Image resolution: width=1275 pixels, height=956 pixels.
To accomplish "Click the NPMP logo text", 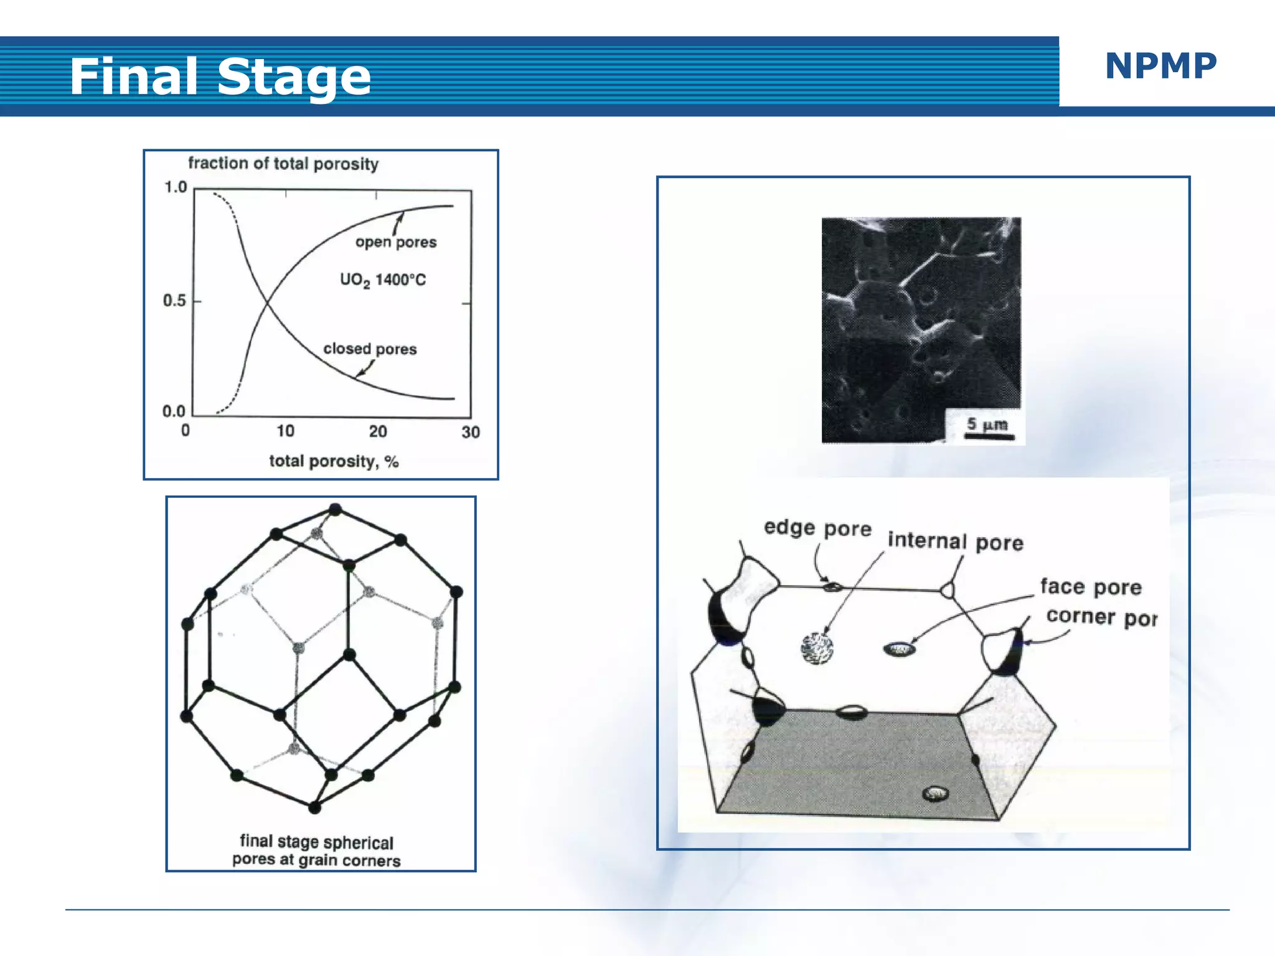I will click(x=1160, y=66).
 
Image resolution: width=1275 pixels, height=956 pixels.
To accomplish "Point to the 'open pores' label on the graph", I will click(x=396, y=242).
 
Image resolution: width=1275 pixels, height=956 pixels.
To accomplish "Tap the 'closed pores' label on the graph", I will click(x=370, y=349).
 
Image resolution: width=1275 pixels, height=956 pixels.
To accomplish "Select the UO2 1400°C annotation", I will click(x=383, y=279).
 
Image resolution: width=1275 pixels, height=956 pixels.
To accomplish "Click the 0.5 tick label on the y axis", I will click(x=174, y=301).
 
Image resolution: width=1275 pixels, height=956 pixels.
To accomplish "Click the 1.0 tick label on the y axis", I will click(x=176, y=187).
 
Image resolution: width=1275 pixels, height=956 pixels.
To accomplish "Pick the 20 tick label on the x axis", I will click(x=377, y=431).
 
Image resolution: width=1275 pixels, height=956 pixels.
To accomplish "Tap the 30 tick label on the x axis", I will click(x=471, y=432).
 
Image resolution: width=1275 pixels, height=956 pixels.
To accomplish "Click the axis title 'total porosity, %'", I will click(x=334, y=461).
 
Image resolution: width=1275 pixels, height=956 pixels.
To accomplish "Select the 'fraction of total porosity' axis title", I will click(x=283, y=164).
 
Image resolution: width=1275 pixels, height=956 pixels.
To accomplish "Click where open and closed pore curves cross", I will click(x=267, y=302).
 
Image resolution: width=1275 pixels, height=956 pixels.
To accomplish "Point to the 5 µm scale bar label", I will click(x=987, y=424).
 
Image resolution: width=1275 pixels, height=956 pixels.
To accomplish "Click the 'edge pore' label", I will click(x=817, y=528).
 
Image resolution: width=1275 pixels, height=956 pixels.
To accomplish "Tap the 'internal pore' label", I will click(x=955, y=541).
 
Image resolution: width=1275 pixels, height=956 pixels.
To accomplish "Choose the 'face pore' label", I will click(x=1091, y=587).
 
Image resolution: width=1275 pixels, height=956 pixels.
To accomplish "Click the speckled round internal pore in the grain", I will click(x=817, y=649).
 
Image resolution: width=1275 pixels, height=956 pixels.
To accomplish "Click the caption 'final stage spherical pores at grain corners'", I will click(x=316, y=851).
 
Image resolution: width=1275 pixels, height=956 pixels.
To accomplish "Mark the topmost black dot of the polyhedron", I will click(x=336, y=509).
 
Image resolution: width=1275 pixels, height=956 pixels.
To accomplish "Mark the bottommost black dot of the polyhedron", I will click(x=314, y=808).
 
